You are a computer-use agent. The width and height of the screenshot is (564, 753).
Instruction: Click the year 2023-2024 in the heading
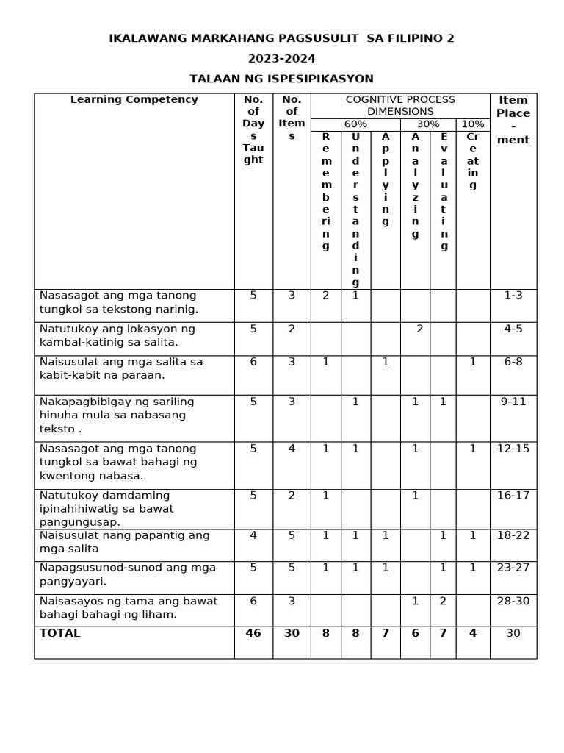[x=281, y=59]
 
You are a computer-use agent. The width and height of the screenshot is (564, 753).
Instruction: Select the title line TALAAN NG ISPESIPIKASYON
[x=281, y=79]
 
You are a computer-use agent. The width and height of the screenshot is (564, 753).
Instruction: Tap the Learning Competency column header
[x=134, y=100]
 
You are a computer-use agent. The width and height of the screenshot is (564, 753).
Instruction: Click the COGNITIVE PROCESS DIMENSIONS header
[x=400, y=106]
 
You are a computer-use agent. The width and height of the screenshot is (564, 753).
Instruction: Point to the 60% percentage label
[x=355, y=124]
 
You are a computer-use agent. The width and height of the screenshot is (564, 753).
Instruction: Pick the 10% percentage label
[x=472, y=124]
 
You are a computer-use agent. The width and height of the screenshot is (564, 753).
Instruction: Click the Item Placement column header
[x=513, y=120]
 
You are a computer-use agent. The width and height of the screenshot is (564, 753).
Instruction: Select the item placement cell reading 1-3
[x=513, y=296]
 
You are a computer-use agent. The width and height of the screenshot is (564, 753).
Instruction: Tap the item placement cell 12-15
[x=513, y=449]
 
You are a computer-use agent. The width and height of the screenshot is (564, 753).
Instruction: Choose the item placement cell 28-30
[x=513, y=602]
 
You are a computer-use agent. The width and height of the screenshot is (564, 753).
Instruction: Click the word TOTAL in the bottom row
[x=60, y=633]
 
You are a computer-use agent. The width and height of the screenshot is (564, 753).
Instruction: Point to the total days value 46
[x=253, y=633]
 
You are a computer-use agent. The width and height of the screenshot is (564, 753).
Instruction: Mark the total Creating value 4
[x=473, y=633]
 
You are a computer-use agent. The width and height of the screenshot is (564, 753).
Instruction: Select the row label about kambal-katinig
[x=117, y=335]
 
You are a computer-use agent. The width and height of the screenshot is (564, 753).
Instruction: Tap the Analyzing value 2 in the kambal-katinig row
[x=419, y=329]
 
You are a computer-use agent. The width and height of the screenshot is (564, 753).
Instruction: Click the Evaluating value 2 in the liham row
[x=443, y=602]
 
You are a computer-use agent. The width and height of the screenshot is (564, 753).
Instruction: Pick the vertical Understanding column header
[x=355, y=210]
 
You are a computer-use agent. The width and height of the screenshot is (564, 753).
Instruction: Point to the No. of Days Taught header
[x=253, y=129]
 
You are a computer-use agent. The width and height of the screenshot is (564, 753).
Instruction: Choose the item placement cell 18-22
[x=513, y=535]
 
